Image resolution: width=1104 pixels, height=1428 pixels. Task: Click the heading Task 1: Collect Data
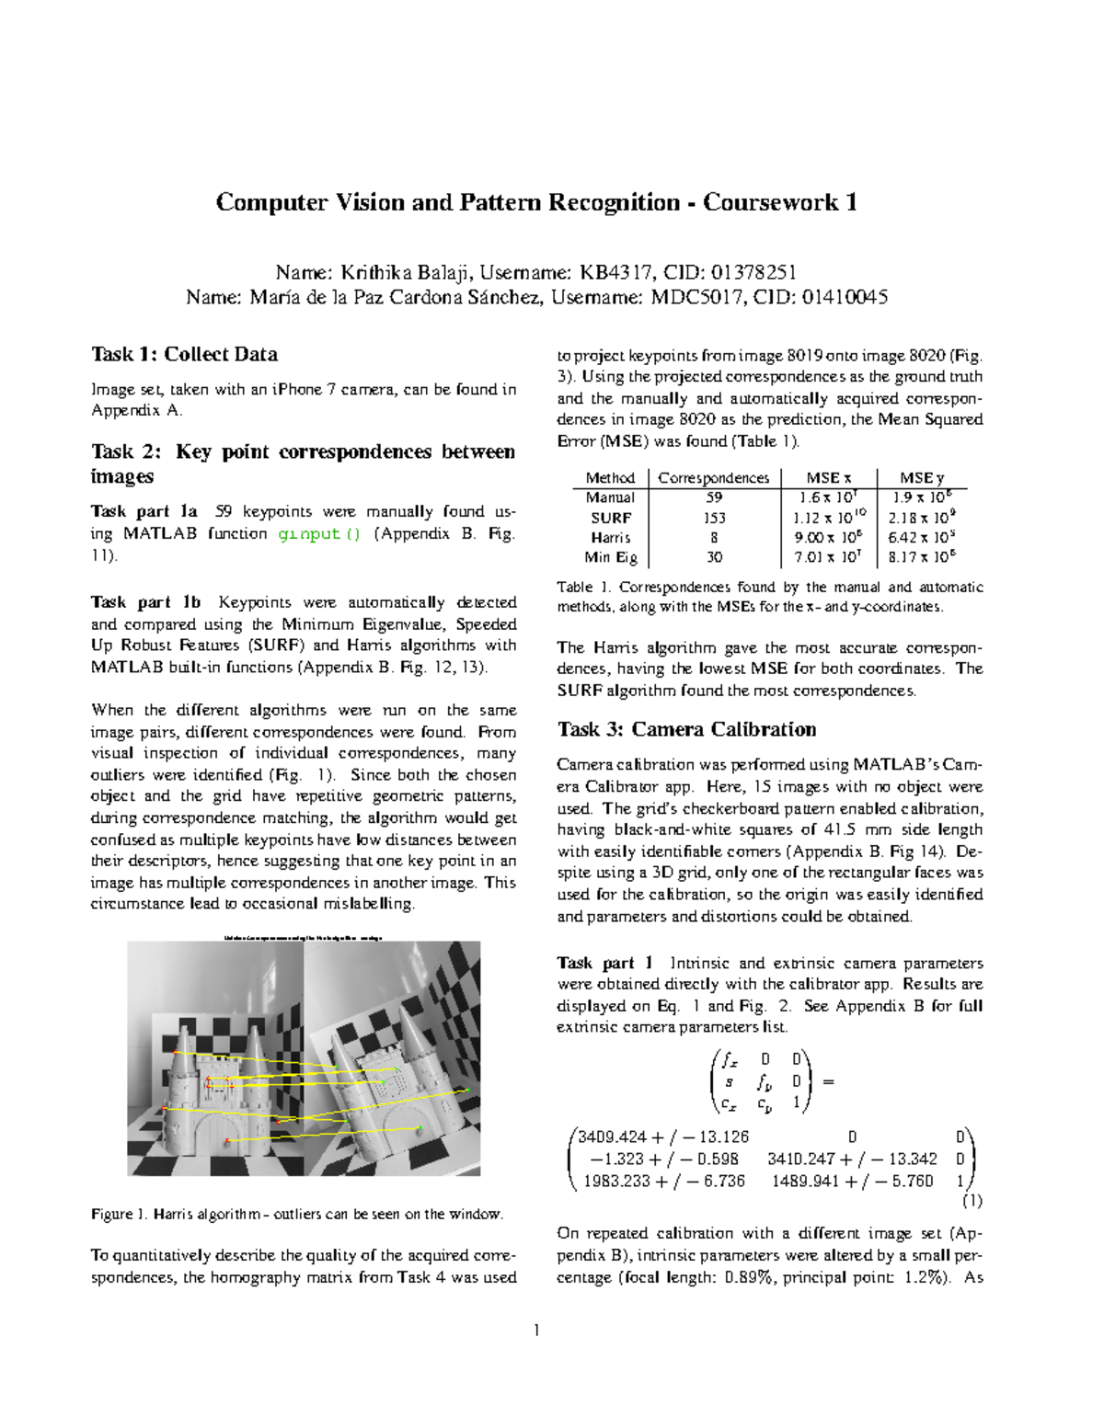(x=184, y=355)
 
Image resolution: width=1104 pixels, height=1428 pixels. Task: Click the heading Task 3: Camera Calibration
(x=686, y=730)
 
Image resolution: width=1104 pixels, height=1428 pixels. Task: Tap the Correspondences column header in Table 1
(x=714, y=478)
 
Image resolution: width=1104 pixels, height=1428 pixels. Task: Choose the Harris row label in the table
(x=611, y=538)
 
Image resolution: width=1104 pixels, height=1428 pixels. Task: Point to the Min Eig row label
(x=611, y=557)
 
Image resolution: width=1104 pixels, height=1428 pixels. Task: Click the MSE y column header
(x=921, y=478)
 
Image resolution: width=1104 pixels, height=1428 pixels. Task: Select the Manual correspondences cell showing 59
(x=714, y=497)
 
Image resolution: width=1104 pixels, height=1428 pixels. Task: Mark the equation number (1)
(x=972, y=1201)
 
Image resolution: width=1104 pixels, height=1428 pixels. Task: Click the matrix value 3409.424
(x=614, y=1137)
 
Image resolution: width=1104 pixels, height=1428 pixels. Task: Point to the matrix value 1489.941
(x=806, y=1182)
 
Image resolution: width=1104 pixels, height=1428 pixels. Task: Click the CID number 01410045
(x=845, y=297)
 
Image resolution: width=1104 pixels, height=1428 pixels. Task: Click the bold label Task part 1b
(x=145, y=603)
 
